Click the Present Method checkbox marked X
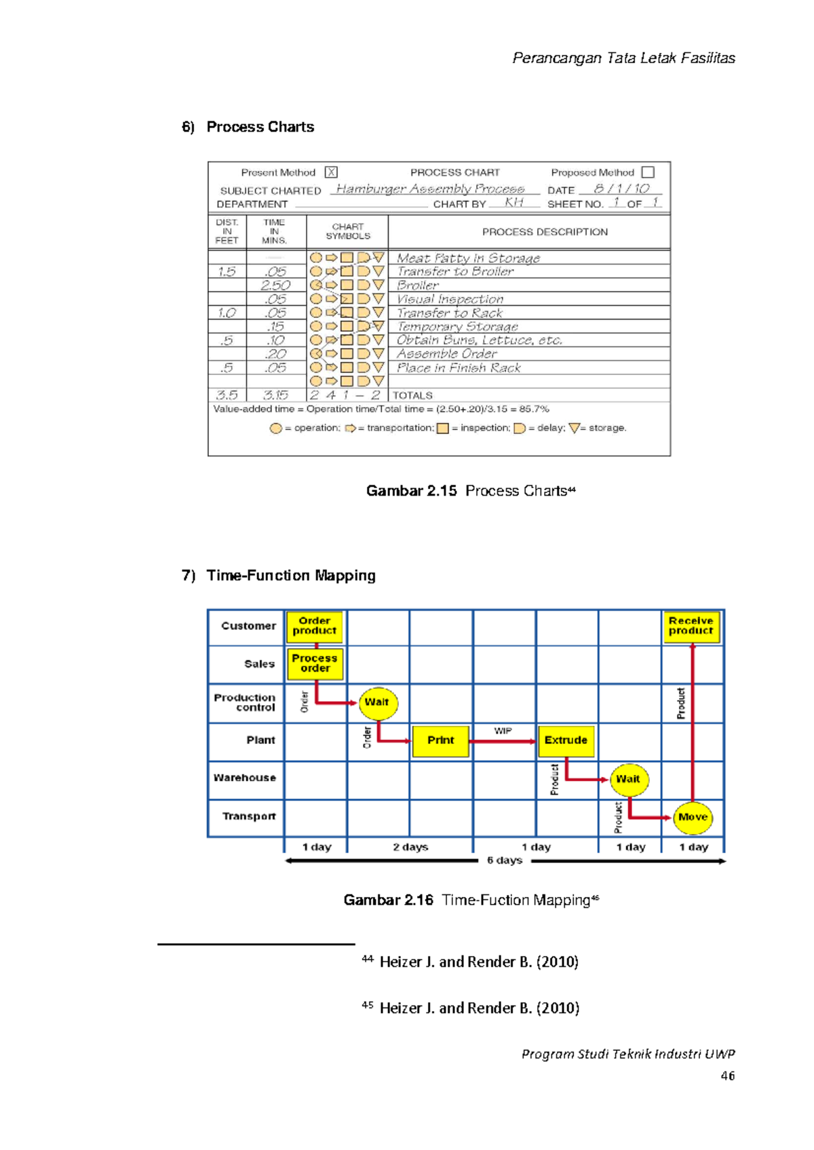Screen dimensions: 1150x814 click(x=331, y=172)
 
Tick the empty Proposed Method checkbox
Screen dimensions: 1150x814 click(x=648, y=172)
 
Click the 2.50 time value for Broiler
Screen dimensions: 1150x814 click(x=275, y=285)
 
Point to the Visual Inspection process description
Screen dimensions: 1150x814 click(x=450, y=299)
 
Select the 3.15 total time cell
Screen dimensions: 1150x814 click(x=275, y=395)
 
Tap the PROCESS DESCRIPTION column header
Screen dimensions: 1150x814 click(x=545, y=232)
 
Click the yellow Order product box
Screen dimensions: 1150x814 click(x=315, y=626)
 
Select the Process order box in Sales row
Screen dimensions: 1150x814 click(x=315, y=663)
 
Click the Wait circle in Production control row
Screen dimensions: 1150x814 click(x=377, y=702)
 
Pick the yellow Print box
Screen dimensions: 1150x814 click(x=441, y=740)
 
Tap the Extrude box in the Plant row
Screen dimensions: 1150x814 click(x=566, y=740)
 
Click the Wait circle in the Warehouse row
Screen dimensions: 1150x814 click(x=628, y=779)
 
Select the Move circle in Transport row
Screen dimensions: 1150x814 click(x=693, y=817)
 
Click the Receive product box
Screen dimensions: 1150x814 click(x=691, y=626)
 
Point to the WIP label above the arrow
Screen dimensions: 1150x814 click(x=503, y=730)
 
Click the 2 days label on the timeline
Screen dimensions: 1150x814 click(x=410, y=847)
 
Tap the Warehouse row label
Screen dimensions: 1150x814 click(x=245, y=778)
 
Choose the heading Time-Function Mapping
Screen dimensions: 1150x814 click(x=291, y=575)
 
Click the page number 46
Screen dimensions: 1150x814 click(x=728, y=1076)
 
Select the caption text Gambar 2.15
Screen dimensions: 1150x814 click(x=411, y=491)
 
